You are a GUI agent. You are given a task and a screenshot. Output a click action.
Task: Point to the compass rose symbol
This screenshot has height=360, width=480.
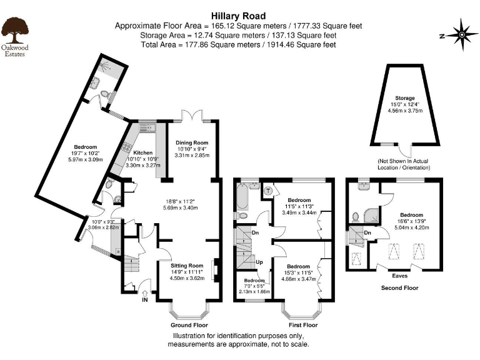click(461, 36)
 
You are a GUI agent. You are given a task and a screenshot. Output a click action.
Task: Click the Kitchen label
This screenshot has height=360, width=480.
click(143, 152)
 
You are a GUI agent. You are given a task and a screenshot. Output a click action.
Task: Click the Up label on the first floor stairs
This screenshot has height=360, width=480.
click(259, 261)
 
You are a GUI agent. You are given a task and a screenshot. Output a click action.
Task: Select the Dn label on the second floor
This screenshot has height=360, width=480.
click(368, 233)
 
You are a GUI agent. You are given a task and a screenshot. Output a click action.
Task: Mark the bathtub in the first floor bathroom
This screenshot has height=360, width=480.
click(241, 199)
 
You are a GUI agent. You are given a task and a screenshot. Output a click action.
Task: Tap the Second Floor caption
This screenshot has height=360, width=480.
click(400, 287)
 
